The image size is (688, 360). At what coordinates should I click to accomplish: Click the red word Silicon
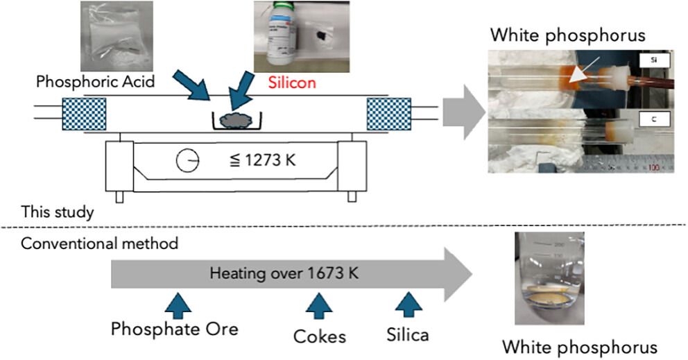pyautogui.click(x=291, y=83)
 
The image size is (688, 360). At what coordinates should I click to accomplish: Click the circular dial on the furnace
pyautogui.click(x=187, y=162)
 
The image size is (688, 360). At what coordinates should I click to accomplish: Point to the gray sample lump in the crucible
pyautogui.click(x=238, y=120)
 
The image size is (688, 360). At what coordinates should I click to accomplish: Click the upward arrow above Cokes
pyautogui.click(x=319, y=302)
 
